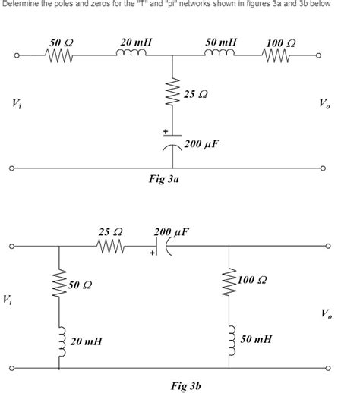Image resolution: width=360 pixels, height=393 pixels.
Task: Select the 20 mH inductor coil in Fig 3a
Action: tap(134, 53)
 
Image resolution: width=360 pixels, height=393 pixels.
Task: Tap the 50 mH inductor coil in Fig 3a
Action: tap(221, 53)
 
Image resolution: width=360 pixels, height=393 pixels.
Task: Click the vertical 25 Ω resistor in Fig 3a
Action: tap(175, 94)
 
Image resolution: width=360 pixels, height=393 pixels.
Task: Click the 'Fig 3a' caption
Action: tap(163, 181)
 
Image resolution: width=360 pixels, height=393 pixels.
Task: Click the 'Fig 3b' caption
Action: tap(186, 386)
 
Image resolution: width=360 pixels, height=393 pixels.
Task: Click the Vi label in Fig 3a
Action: tap(17, 103)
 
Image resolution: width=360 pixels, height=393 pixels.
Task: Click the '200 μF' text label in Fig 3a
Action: tap(202, 143)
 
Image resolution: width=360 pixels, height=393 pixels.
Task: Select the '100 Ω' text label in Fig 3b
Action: tap(251, 280)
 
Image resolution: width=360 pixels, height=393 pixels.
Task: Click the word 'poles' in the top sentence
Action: tap(71, 4)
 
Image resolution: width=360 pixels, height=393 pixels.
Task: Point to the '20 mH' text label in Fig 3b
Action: tap(85, 342)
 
